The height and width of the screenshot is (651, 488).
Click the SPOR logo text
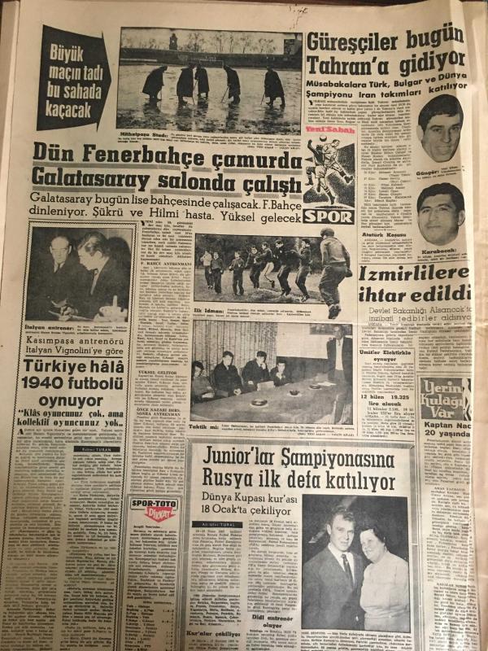coord(328,217)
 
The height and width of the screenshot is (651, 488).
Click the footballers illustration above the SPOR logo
coord(328,168)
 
